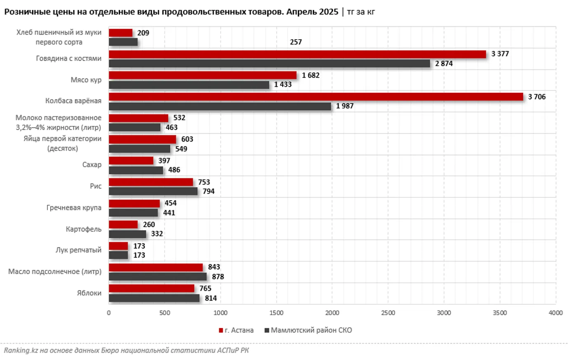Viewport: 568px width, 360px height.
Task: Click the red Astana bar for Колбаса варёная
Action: click(316, 97)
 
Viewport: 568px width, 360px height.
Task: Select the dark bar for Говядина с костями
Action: click(269, 64)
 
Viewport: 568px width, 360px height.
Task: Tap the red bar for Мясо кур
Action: click(203, 75)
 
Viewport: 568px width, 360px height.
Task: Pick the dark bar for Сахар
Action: click(136, 170)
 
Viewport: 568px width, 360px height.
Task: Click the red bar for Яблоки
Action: click(151, 288)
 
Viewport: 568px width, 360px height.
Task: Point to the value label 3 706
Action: click(537, 97)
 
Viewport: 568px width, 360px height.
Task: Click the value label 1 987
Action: click(344, 106)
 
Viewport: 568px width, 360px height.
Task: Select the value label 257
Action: click(296, 42)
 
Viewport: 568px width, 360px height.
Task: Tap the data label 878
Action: click(218, 277)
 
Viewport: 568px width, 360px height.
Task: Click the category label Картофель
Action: click(83, 229)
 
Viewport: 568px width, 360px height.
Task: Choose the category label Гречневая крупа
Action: click(74, 208)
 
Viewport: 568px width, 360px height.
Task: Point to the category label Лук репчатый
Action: click(78, 250)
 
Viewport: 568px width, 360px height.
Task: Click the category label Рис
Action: click(96, 186)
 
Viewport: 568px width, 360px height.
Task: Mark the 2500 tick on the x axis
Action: click(388, 313)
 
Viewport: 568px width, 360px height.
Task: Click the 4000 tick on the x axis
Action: click(555, 313)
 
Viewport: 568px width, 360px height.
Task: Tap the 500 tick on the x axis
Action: click(165, 313)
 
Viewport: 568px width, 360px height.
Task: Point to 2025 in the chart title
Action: click(328, 12)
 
